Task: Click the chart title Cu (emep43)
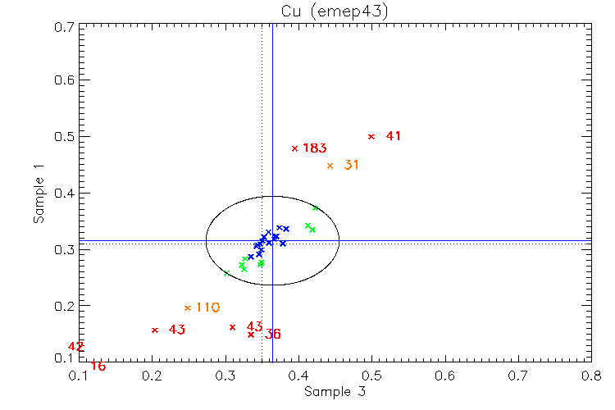click(335, 11)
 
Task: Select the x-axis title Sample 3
click(335, 392)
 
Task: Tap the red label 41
click(394, 136)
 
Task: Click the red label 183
click(315, 148)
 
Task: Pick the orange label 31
click(352, 165)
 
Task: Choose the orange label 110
click(207, 307)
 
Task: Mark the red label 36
click(273, 335)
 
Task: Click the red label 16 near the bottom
click(98, 366)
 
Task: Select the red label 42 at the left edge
click(75, 347)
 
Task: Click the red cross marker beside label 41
click(371, 136)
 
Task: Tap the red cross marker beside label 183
click(294, 148)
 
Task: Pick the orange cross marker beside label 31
click(330, 166)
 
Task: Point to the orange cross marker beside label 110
click(188, 308)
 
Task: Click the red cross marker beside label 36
click(251, 334)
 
